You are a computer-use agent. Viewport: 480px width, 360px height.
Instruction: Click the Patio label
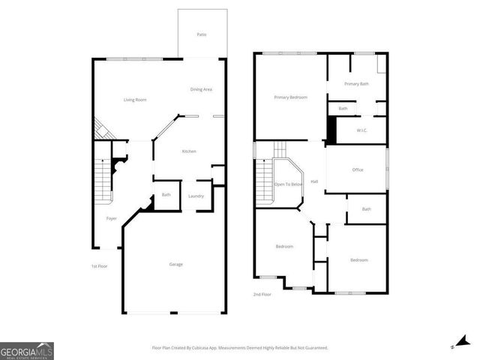(x=201, y=34)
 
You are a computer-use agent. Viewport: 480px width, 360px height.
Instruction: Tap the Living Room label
(x=135, y=100)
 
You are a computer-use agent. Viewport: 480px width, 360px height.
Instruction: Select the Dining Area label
(x=201, y=89)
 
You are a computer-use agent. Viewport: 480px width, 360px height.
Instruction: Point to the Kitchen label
(x=189, y=152)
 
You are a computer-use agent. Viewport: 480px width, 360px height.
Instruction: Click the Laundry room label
(x=196, y=196)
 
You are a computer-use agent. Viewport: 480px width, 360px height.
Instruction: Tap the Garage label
(x=175, y=264)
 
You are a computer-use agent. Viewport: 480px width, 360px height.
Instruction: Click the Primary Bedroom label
(x=290, y=97)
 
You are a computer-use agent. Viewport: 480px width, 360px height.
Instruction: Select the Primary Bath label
(x=356, y=84)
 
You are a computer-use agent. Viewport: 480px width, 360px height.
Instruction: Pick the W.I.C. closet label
(x=359, y=130)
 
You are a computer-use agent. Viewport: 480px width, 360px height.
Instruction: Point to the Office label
(x=358, y=169)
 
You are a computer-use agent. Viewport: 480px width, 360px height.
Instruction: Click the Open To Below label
(x=289, y=184)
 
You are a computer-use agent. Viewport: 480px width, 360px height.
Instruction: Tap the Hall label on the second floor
(x=315, y=181)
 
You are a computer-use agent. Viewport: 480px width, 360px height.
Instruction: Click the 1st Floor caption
(x=99, y=266)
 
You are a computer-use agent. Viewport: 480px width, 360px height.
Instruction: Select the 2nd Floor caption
(x=262, y=295)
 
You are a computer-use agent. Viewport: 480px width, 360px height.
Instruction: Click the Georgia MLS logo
(x=27, y=350)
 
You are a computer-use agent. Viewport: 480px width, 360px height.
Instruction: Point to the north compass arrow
(x=462, y=343)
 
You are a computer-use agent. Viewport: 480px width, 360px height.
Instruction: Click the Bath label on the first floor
(x=166, y=195)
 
